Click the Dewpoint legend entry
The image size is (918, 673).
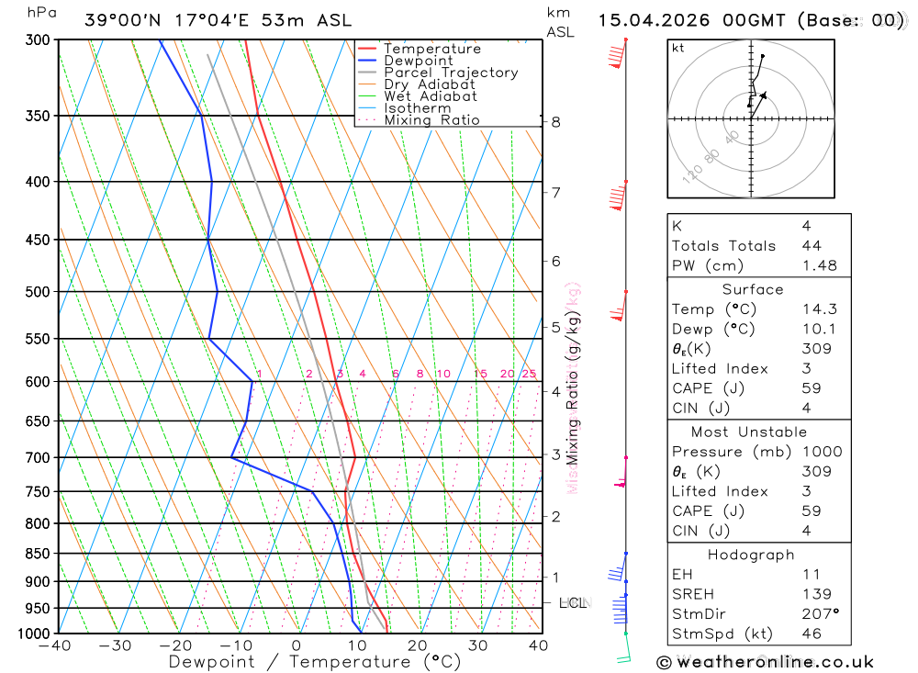418,61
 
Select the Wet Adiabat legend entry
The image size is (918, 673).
430,96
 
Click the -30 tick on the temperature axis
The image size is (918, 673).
115,645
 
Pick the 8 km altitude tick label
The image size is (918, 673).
555,121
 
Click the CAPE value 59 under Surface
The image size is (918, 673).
811,388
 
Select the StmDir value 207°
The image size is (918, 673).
819,614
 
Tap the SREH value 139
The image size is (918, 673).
815,594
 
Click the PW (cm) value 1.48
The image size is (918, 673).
819,265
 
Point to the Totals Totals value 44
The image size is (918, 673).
811,245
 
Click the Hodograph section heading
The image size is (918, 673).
751,555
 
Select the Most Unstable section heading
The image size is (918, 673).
751,432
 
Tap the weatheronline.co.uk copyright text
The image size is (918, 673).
766,661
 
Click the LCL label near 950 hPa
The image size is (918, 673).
573,602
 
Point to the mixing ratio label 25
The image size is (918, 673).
529,374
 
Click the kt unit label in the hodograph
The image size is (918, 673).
678,48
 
